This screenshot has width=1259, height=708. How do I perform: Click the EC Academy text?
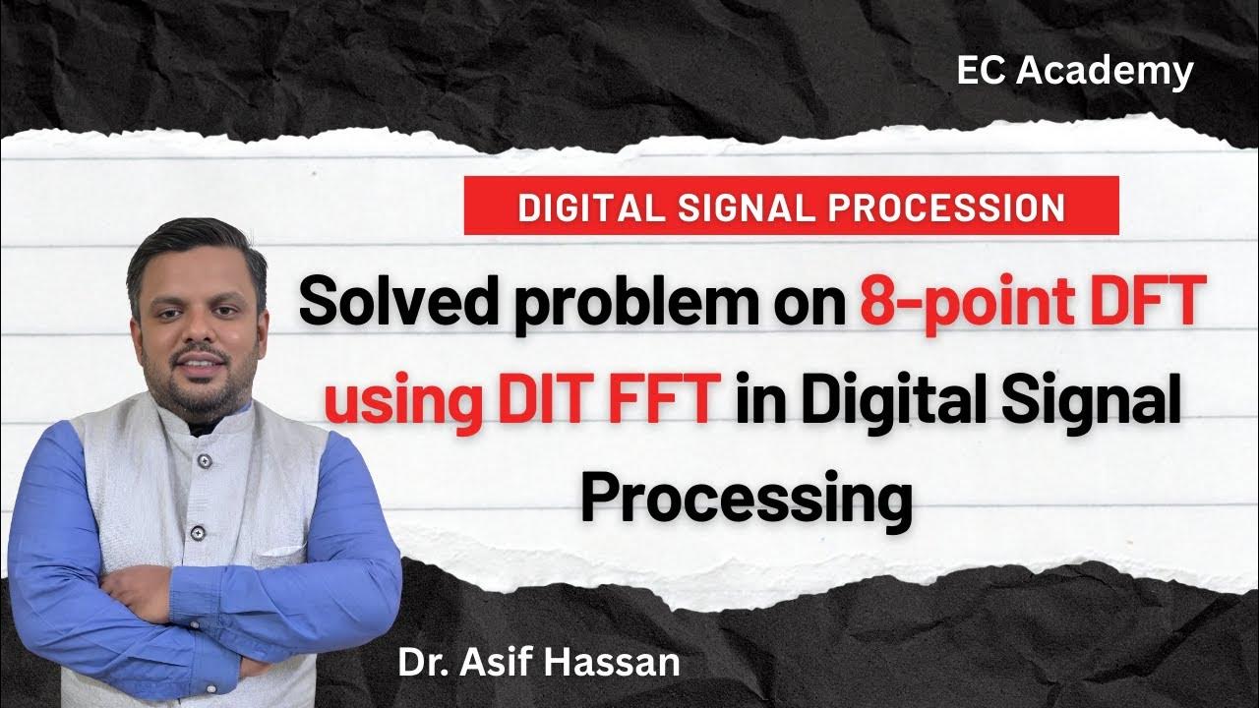(x=1075, y=71)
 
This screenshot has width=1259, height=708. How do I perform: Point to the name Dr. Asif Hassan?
(x=538, y=662)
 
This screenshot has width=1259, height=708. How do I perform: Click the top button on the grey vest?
(x=204, y=460)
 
